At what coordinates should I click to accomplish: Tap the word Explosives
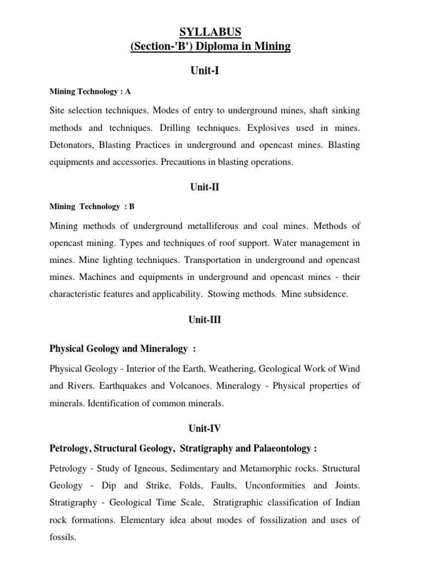coord(272,128)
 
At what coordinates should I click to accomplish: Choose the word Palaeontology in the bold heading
coord(280,449)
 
